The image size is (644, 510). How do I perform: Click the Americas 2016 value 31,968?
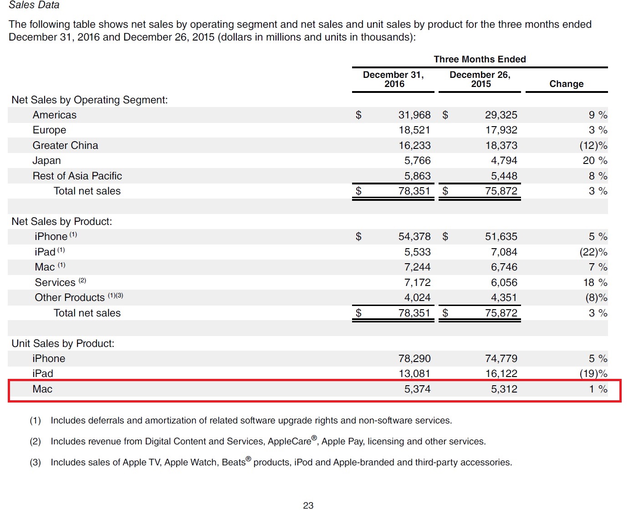(x=414, y=115)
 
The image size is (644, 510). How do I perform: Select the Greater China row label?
(x=65, y=145)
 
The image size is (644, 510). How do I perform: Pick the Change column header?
(x=566, y=84)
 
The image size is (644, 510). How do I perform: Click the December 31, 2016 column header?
(x=394, y=79)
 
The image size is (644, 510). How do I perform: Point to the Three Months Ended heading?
(x=480, y=59)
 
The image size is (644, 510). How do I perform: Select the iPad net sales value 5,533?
(x=417, y=252)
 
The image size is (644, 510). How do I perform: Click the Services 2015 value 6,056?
(x=504, y=282)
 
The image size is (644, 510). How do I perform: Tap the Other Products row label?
(x=70, y=297)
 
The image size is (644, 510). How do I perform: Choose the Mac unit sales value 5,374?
(x=417, y=389)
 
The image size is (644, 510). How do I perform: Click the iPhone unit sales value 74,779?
(x=501, y=358)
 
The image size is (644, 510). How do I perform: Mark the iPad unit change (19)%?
(x=593, y=373)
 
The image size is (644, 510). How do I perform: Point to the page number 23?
(x=308, y=505)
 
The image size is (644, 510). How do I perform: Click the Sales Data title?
(x=34, y=5)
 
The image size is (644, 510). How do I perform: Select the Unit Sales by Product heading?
(x=63, y=343)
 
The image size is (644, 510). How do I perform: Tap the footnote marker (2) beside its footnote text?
(x=35, y=441)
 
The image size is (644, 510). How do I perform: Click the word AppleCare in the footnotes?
(x=289, y=441)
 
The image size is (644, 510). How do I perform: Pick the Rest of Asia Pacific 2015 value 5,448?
(x=504, y=176)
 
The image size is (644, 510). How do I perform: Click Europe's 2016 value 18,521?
(x=414, y=130)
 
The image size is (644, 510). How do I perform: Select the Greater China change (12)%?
(x=593, y=145)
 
